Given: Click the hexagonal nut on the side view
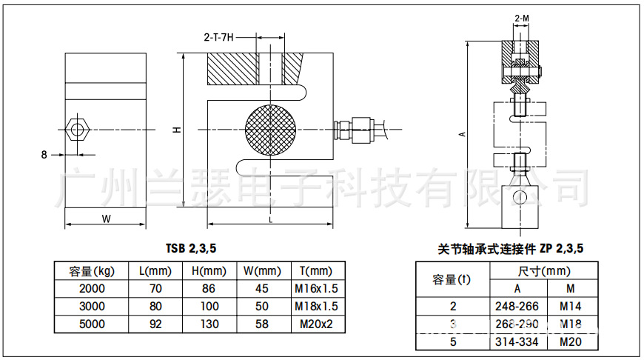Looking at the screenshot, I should coord(77,130).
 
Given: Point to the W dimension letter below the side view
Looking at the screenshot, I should coord(105,219).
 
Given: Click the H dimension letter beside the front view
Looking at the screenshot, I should coord(176,130).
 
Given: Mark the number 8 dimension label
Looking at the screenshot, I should coord(44,155).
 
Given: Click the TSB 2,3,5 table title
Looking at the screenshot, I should coord(189,250).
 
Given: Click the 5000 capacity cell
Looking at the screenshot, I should coord(92,324).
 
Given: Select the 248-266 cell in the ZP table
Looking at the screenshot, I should coord(517,305).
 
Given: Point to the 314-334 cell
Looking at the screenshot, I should coord(517,341).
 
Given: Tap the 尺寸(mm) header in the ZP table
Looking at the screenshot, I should coord(544,271).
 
